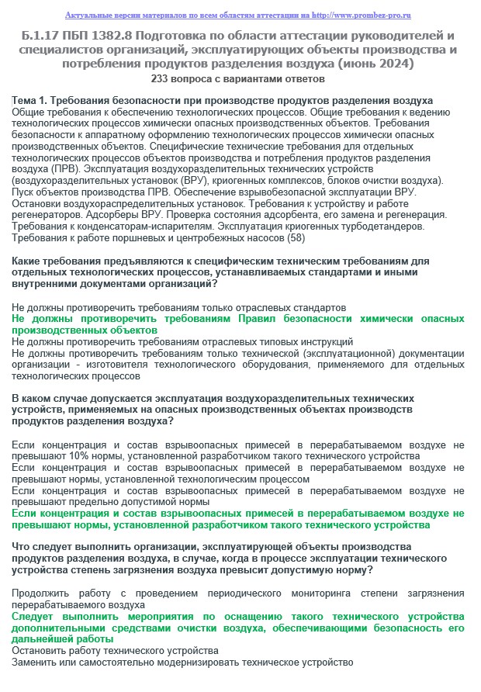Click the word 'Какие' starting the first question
point(29,261)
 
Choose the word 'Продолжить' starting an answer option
point(41,593)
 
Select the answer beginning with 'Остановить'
point(115,650)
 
